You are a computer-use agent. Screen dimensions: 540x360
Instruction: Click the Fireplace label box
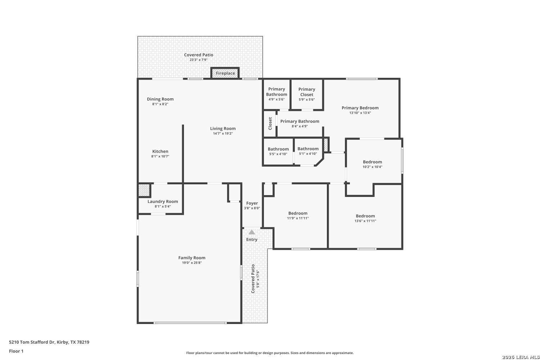point(225,73)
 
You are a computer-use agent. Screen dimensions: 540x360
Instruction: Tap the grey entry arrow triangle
point(252,232)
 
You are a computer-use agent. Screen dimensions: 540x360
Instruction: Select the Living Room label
point(223,129)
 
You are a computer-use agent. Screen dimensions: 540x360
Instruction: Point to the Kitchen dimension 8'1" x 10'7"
point(160,156)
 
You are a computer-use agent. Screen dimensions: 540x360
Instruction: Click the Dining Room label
point(160,99)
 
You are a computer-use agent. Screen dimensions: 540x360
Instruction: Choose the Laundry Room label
point(163,201)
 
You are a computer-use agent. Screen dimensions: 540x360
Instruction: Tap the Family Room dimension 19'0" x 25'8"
point(192,262)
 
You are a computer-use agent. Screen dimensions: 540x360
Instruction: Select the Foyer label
point(252,203)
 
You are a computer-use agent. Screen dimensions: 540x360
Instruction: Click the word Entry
point(252,239)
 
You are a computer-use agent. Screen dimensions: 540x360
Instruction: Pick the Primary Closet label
point(307,92)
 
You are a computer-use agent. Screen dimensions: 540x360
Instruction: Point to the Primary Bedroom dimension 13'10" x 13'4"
point(360,113)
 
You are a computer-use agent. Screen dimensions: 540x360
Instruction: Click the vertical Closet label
point(270,123)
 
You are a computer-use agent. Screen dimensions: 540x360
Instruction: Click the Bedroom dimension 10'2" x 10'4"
point(373,167)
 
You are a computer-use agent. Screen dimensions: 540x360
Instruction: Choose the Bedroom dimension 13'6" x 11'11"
point(365,221)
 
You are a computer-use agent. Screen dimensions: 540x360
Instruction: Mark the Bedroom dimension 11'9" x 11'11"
point(298,218)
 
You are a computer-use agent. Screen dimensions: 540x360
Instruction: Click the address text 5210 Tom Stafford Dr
point(32,342)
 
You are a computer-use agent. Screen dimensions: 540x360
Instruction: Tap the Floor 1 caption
point(16,351)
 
